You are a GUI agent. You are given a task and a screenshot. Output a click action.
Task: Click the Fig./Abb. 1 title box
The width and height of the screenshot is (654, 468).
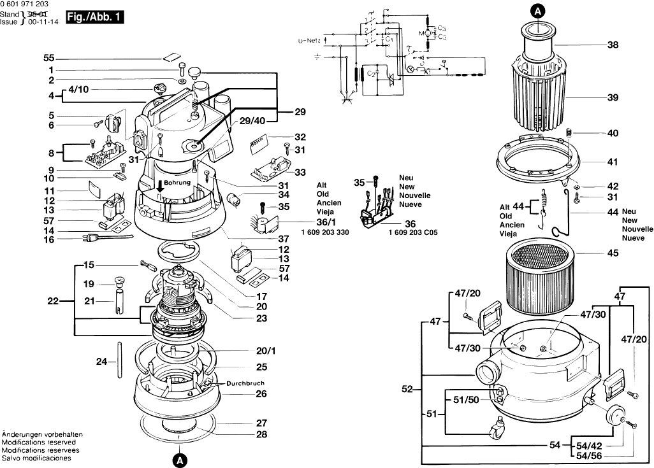coord(93,19)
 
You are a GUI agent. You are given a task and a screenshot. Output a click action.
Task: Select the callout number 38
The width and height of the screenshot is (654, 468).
coord(613,46)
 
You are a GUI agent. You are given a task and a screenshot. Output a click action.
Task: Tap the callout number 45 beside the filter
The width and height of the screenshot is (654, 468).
coord(613,253)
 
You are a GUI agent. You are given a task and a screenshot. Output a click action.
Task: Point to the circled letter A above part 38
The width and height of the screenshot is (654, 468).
coord(538,10)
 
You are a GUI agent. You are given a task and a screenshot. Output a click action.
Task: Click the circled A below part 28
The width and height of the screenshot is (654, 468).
coord(180,458)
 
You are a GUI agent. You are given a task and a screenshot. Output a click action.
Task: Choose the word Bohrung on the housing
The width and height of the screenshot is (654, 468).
coord(177,182)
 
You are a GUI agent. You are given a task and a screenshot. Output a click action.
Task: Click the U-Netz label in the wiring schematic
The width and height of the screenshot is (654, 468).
coord(310,41)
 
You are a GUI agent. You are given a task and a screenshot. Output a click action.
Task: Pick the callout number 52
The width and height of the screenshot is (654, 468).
coord(407,389)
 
